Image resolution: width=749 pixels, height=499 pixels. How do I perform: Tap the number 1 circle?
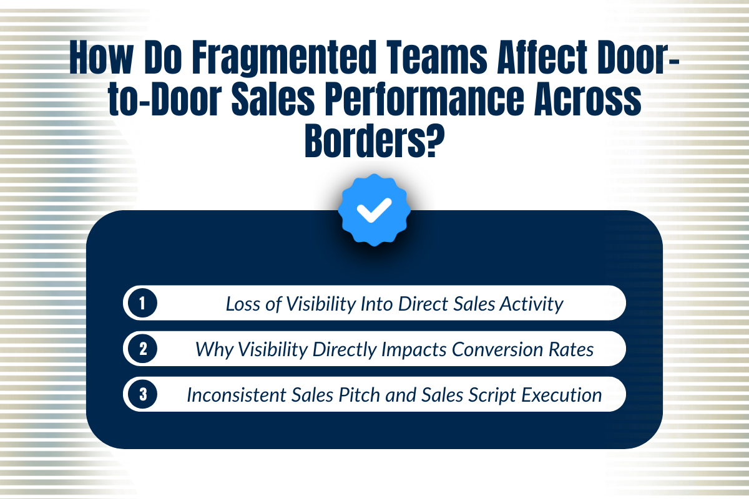click(x=142, y=304)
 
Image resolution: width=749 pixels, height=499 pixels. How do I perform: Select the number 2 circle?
click(x=142, y=349)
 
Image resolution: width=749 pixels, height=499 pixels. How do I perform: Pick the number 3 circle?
click(x=142, y=394)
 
